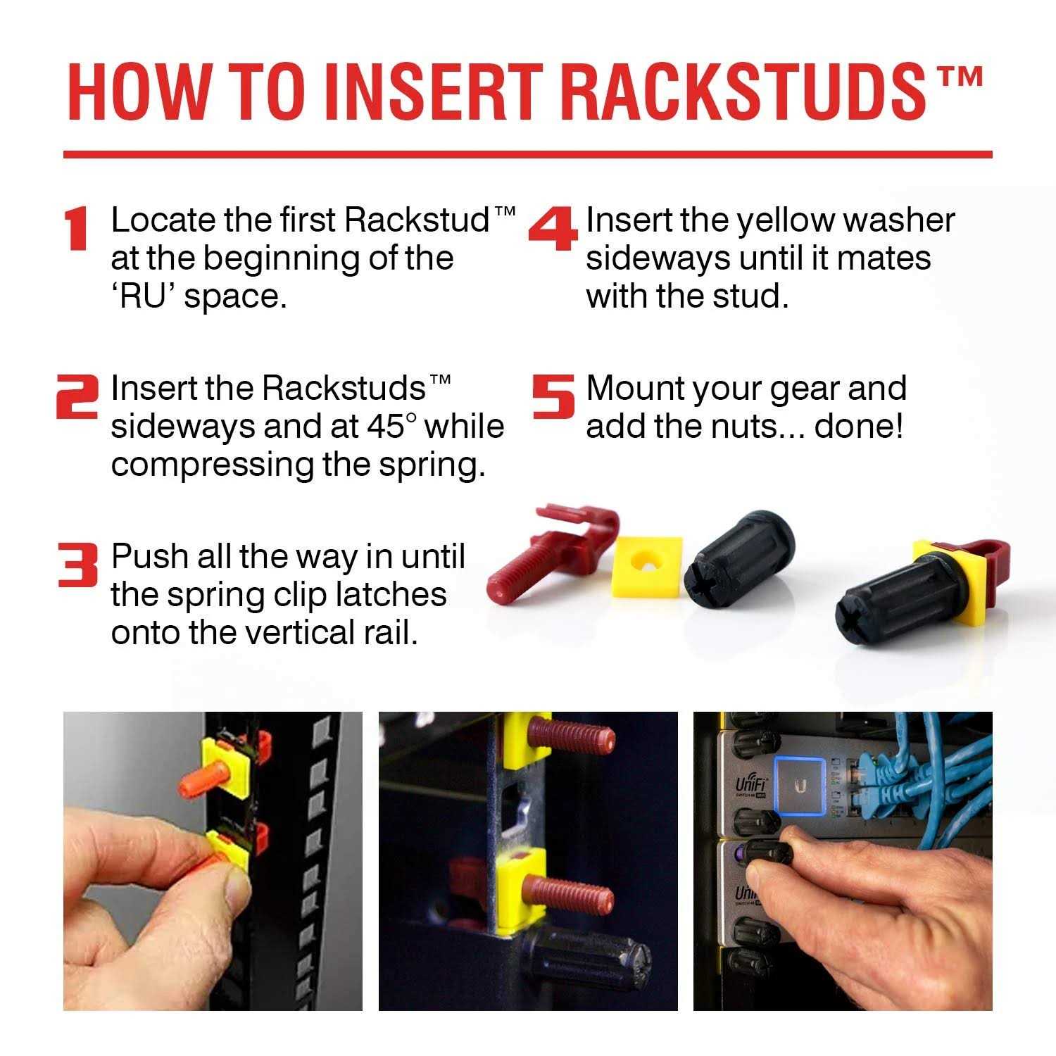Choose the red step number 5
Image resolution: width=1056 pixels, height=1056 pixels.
(553, 396)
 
